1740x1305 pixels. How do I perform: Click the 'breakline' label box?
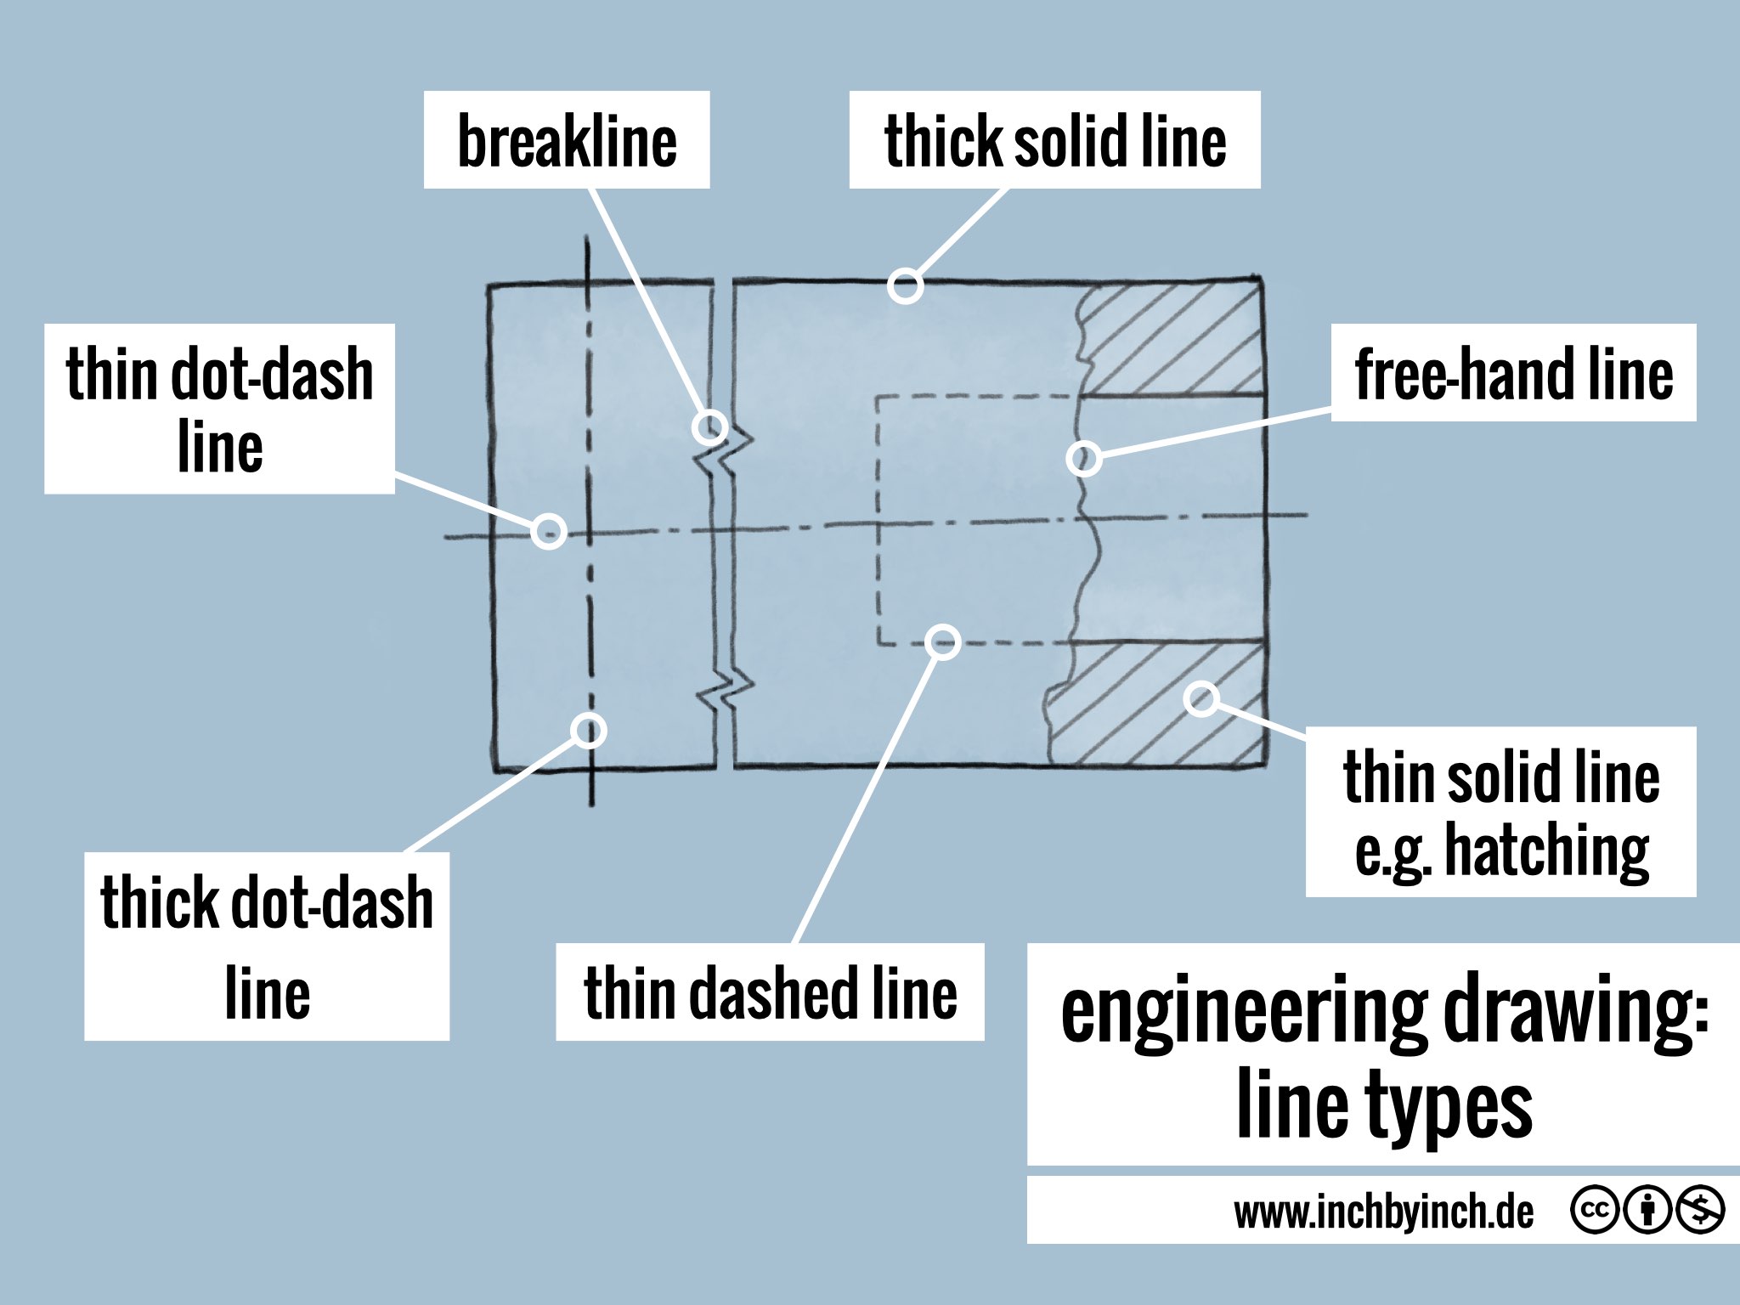(567, 140)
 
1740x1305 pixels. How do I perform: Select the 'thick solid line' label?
(1054, 140)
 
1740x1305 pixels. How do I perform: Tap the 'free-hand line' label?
(1513, 373)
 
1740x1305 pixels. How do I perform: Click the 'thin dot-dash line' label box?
(219, 409)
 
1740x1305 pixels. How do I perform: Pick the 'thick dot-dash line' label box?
(267, 946)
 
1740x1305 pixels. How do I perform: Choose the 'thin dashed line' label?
(770, 992)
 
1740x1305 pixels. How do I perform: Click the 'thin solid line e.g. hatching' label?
(1500, 812)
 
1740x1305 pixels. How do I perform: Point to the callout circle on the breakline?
(709, 427)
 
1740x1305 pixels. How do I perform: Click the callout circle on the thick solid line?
(906, 285)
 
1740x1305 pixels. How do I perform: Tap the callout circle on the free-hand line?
(1084, 459)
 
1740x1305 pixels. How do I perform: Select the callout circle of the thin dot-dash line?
(549, 531)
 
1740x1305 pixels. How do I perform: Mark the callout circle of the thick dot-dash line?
(588, 730)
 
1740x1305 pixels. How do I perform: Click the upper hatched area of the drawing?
(1172, 340)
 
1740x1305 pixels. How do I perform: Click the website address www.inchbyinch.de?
(1383, 1212)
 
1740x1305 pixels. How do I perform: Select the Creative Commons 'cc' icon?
(1594, 1210)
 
